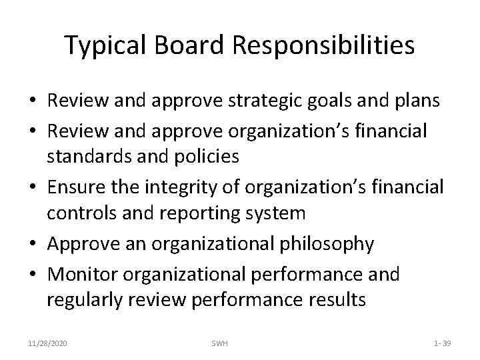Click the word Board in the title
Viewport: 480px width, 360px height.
[x=185, y=45]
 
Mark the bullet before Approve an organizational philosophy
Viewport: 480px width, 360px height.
[x=32, y=245]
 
